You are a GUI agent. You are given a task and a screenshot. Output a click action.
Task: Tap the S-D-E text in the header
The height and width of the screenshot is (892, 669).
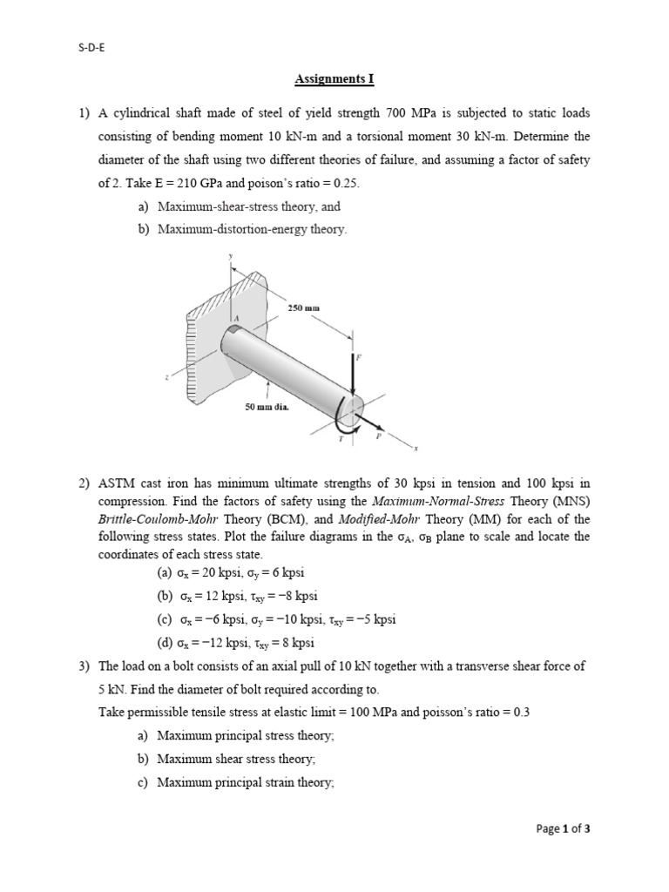[x=91, y=26]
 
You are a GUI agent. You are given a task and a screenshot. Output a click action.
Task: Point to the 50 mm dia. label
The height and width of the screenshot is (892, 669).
[x=268, y=406]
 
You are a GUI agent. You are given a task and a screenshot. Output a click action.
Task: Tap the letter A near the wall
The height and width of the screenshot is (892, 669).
[x=234, y=321]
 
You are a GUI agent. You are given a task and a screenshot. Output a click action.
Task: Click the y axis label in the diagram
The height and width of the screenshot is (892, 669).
[x=231, y=255]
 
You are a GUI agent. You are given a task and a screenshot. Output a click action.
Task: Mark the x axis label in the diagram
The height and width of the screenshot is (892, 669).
[x=416, y=449]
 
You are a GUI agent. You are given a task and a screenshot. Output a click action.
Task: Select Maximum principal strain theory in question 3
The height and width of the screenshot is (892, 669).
[x=244, y=782]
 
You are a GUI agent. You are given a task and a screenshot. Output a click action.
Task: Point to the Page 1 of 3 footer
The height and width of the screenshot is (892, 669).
[x=564, y=828]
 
